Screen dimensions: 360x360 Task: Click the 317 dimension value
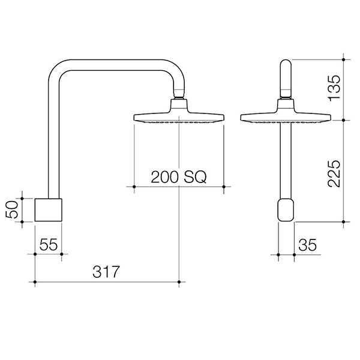[x=107, y=271]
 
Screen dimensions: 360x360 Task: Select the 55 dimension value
[x=49, y=244]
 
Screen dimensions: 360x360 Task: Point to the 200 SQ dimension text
[x=178, y=177]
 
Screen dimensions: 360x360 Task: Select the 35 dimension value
[x=307, y=244]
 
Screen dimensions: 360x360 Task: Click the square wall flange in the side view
[x=48, y=209]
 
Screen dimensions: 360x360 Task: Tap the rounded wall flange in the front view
[x=286, y=211]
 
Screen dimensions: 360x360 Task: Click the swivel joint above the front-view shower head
[x=286, y=96]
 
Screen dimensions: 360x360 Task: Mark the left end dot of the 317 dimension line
[x=35, y=281]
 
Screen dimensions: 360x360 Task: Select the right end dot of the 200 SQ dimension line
[x=224, y=187]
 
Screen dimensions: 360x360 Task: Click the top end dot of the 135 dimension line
[x=343, y=59]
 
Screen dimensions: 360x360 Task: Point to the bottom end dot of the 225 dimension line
[x=343, y=221]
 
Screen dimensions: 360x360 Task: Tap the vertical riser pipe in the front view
[x=286, y=162]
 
